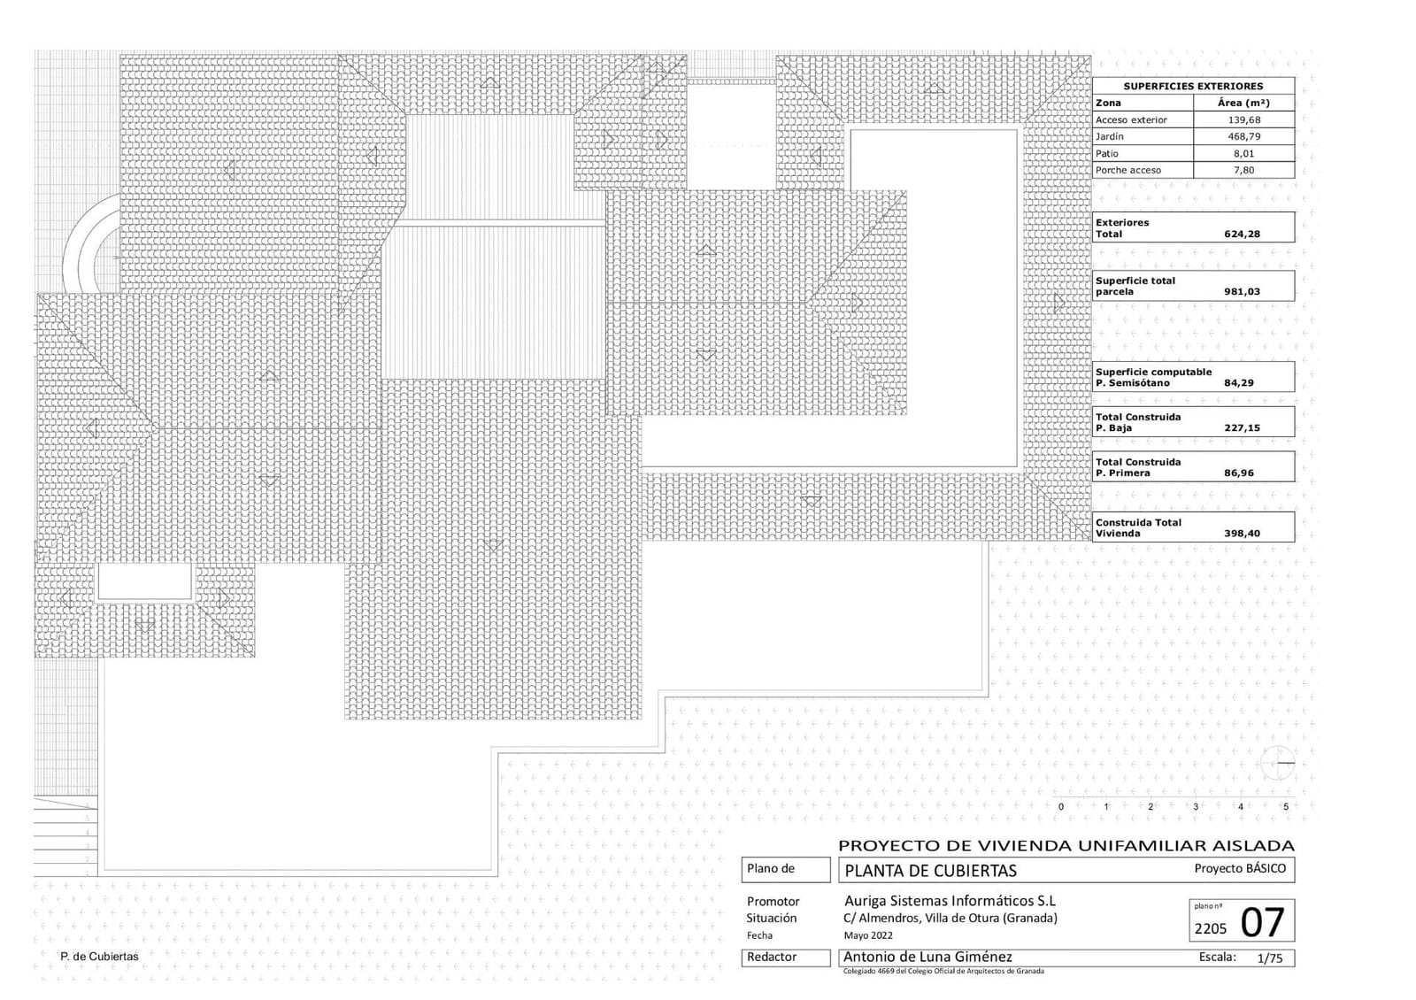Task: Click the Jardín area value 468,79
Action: pyautogui.click(x=1243, y=136)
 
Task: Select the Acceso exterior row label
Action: pyautogui.click(x=1131, y=119)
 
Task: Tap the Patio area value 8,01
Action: pyautogui.click(x=1243, y=153)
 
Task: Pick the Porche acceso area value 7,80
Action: pyautogui.click(x=1243, y=170)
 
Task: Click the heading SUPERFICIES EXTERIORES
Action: pyautogui.click(x=1193, y=86)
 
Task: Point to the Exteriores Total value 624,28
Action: pyautogui.click(x=1242, y=235)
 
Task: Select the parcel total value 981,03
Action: pyautogui.click(x=1242, y=292)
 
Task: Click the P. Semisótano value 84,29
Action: pyautogui.click(x=1239, y=383)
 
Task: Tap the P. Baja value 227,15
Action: pyautogui.click(x=1242, y=428)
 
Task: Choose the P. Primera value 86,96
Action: pyautogui.click(x=1239, y=473)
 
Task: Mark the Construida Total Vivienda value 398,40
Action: pyautogui.click(x=1242, y=534)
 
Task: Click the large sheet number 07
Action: pyautogui.click(x=1262, y=923)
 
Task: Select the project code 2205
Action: pyautogui.click(x=1211, y=928)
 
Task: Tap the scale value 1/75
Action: pyautogui.click(x=1269, y=958)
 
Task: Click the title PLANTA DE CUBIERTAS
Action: pyautogui.click(x=930, y=871)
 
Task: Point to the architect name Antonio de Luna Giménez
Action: pyautogui.click(x=927, y=957)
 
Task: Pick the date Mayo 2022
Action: pyautogui.click(x=868, y=935)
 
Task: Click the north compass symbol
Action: pyautogui.click(x=1280, y=763)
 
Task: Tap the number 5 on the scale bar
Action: pyautogui.click(x=1285, y=807)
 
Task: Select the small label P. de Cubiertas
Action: pyautogui.click(x=99, y=957)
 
